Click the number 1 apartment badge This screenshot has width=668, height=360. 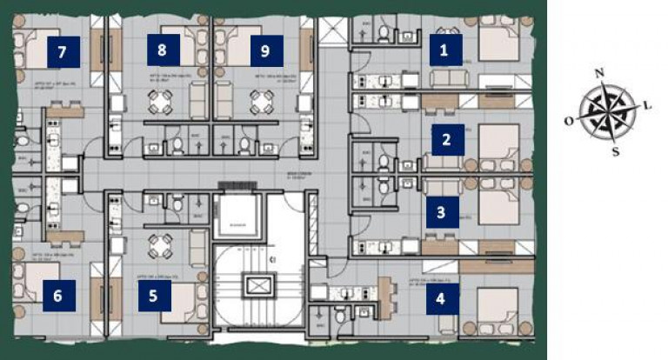(445, 50)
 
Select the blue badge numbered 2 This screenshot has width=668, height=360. (446, 139)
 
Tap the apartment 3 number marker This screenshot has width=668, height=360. (442, 211)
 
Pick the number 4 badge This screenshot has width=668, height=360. (441, 300)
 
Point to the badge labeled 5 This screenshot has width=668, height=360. (153, 295)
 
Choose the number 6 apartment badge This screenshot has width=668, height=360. (57, 295)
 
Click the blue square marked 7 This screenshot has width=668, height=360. (62, 52)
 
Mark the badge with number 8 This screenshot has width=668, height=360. (162, 50)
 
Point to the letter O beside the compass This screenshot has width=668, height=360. (569, 122)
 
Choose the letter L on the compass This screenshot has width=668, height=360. (648, 105)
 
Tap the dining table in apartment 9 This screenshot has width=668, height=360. (260, 103)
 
